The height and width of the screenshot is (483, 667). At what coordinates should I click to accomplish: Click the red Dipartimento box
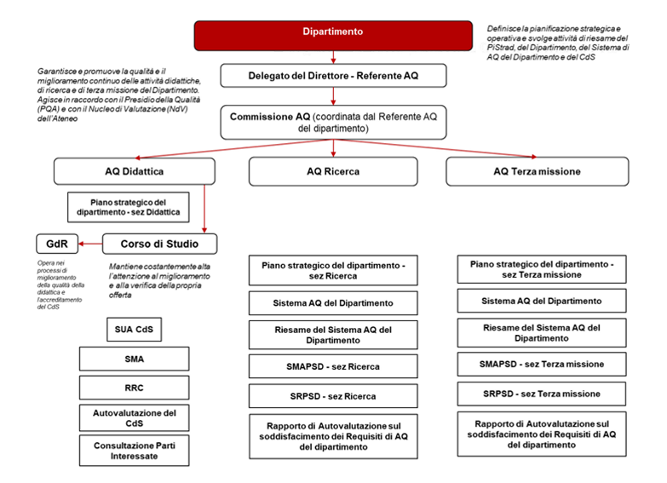point(333,33)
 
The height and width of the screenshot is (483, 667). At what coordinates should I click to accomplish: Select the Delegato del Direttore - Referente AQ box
point(333,77)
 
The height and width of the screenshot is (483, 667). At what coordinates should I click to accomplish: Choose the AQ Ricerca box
point(333,171)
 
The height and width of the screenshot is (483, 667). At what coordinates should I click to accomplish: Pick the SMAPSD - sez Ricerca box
point(333,366)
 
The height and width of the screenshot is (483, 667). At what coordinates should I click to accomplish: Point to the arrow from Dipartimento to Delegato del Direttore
point(333,57)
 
